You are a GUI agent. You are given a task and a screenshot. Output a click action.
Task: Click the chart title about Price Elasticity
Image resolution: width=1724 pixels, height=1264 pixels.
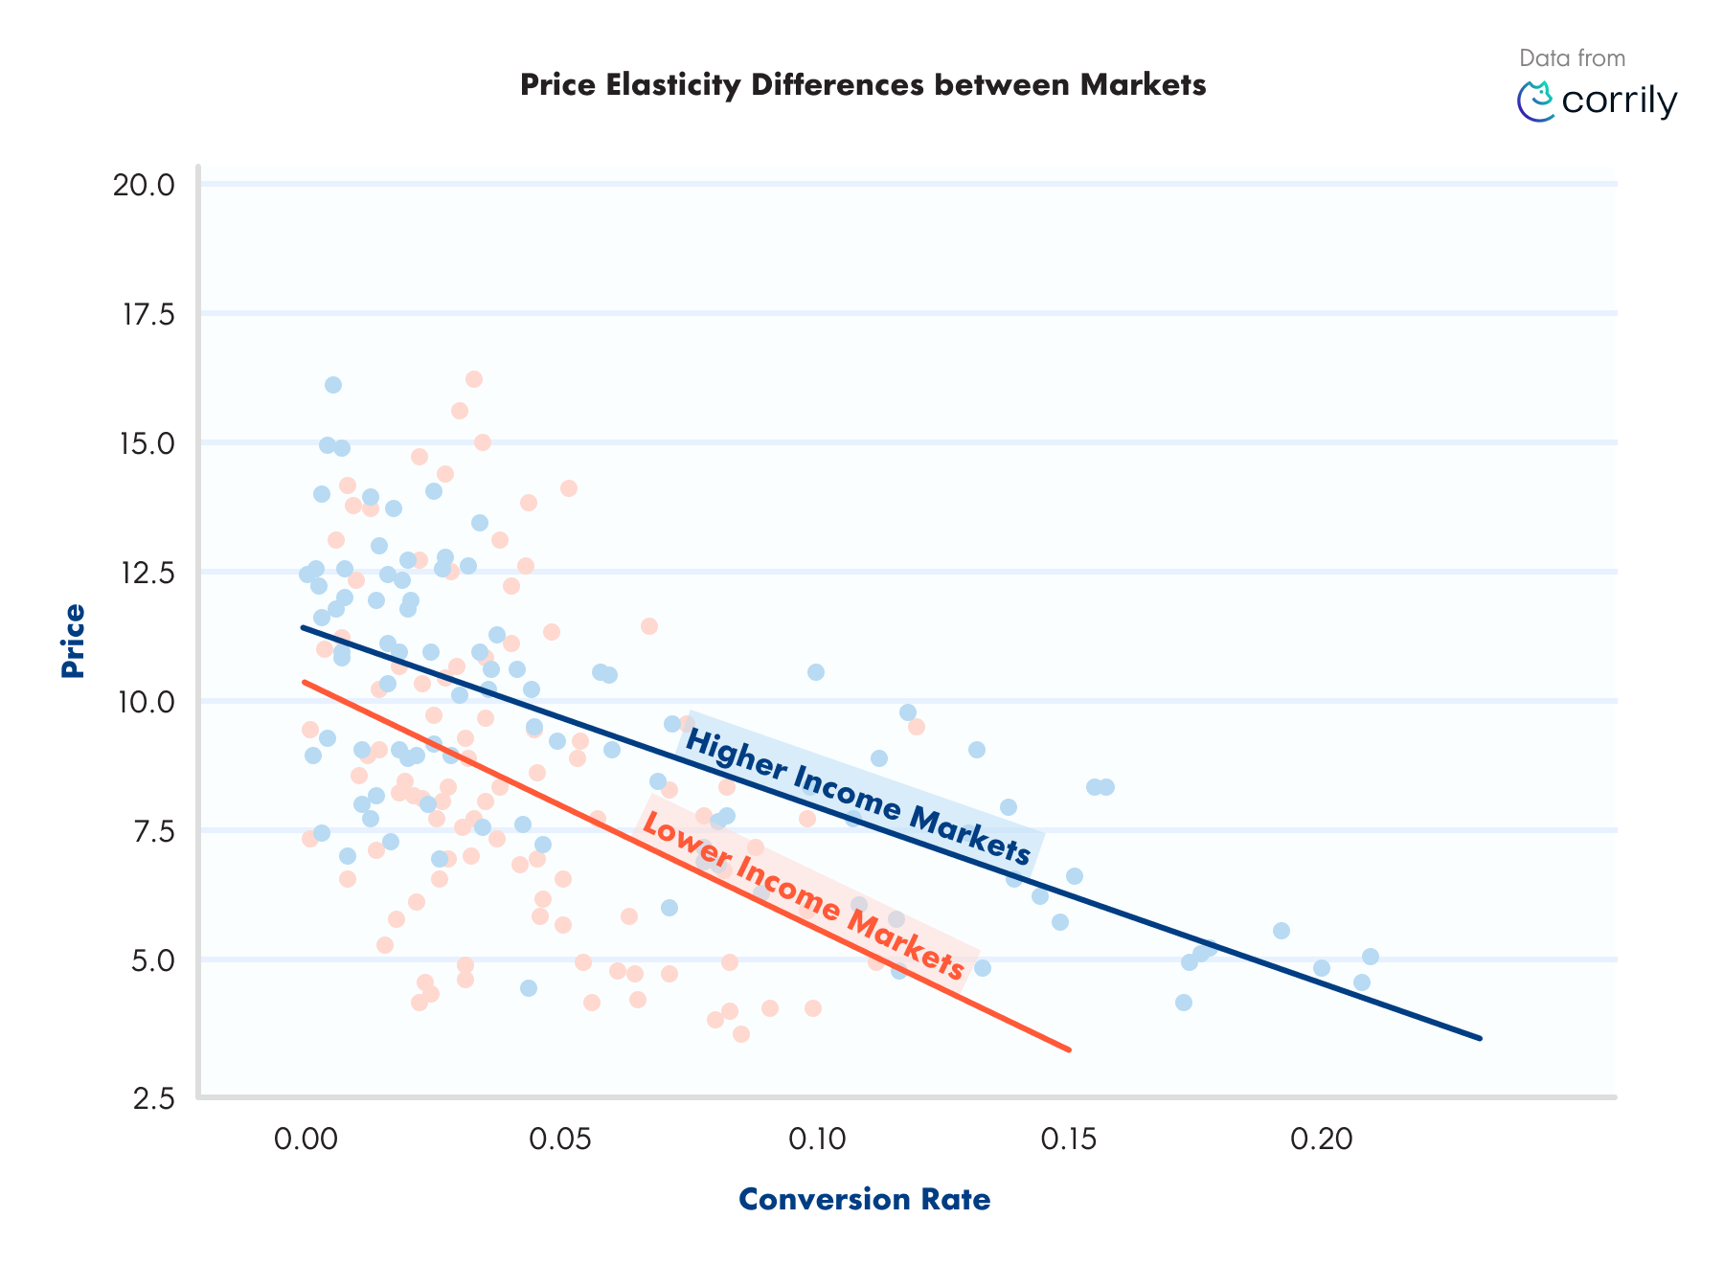tap(862, 85)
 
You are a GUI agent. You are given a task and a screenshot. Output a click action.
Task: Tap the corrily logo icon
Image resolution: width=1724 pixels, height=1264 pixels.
tap(1536, 102)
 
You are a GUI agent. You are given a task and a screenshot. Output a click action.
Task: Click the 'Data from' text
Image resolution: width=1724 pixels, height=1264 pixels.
tap(1572, 58)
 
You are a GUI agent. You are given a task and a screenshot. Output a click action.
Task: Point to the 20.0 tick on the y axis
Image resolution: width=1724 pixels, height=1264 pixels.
tap(144, 185)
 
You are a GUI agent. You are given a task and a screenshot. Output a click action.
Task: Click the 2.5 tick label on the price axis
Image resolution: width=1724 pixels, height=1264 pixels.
tap(153, 1098)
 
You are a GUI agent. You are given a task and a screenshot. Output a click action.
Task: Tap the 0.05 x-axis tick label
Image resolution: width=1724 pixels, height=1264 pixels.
tap(560, 1139)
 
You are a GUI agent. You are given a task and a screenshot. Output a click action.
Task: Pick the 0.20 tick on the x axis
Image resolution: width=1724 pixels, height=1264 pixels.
tap(1321, 1139)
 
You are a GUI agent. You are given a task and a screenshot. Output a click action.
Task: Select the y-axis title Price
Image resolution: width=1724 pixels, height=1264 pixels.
tap(73, 641)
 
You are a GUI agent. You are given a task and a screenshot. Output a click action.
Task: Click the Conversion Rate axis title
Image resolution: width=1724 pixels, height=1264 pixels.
tap(864, 1200)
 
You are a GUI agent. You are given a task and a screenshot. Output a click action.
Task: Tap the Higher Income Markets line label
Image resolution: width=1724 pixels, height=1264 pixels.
tap(858, 797)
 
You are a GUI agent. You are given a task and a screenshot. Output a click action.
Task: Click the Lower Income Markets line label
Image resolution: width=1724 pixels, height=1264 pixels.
tap(803, 895)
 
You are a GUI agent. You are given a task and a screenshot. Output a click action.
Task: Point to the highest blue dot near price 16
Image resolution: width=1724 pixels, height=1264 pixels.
tap(333, 385)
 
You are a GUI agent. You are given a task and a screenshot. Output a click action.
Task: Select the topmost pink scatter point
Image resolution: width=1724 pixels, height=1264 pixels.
tap(473, 379)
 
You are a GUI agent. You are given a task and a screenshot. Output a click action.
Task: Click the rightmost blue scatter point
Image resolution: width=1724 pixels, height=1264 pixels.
tap(1371, 957)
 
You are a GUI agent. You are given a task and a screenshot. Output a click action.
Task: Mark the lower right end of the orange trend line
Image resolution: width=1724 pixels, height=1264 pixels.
tap(1068, 1050)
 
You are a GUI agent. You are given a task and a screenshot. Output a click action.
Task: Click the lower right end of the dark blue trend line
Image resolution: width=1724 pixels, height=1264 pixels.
tap(1479, 1038)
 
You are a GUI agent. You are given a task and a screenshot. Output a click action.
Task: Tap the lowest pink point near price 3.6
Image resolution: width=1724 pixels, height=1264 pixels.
tap(740, 1034)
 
